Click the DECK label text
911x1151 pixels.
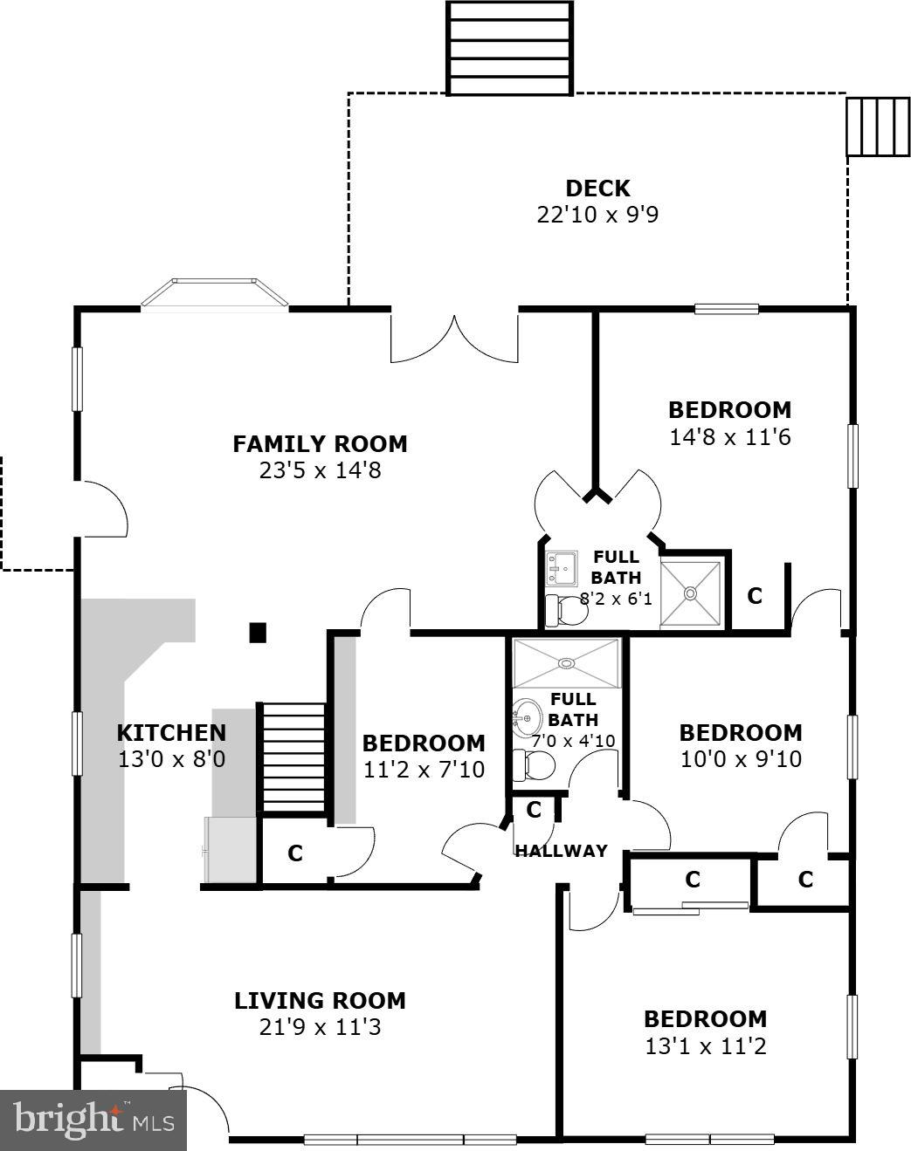click(x=597, y=188)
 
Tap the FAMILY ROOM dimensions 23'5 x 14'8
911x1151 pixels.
click(x=320, y=471)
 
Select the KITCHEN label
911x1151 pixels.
click(x=171, y=733)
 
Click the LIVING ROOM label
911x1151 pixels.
click(x=320, y=1000)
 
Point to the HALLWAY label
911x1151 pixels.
click(x=561, y=851)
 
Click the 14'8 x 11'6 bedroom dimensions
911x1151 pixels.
click(x=729, y=437)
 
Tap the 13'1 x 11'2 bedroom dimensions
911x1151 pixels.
click(x=705, y=1045)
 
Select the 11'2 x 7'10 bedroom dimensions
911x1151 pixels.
click(x=424, y=770)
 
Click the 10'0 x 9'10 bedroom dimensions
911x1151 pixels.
click(x=741, y=759)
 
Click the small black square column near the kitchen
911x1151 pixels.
click(x=258, y=633)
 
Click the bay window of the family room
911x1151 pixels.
click(x=215, y=294)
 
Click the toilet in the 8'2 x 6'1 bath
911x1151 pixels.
click(x=565, y=610)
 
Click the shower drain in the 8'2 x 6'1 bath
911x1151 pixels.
click(x=691, y=593)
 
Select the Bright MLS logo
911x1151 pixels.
click(x=93, y=1119)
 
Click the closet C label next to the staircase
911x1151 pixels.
click(x=295, y=853)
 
